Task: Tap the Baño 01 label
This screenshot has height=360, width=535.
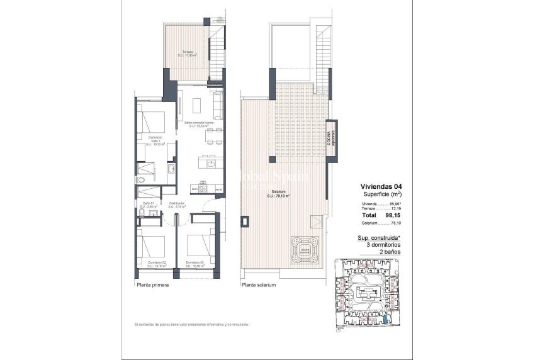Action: click(149, 205)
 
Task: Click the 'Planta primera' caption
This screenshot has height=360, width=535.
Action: click(153, 285)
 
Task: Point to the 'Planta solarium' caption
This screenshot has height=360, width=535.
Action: click(258, 285)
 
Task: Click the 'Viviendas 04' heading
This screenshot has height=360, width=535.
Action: click(381, 187)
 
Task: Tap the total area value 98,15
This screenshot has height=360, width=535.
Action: click(393, 215)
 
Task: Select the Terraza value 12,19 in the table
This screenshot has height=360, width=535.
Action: click(395, 208)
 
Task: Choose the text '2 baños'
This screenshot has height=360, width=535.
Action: click(390, 252)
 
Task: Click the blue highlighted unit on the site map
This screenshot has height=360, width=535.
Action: click(385, 320)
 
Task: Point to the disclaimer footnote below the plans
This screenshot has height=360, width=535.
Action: click(191, 325)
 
